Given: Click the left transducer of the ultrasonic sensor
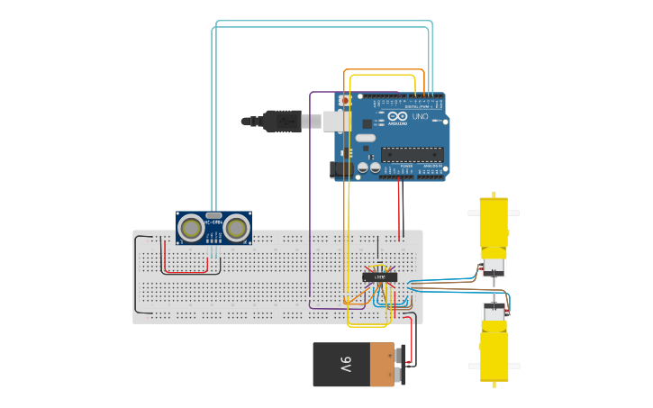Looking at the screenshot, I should point(191,228).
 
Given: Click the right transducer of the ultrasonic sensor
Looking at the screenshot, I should point(237,228).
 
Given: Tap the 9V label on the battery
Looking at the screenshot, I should point(346,365).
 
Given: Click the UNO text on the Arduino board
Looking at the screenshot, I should point(420,117).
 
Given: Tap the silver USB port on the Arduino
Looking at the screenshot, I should point(336,121).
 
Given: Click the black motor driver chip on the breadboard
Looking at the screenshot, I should point(380,277).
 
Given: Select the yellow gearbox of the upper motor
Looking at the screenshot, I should point(493,225).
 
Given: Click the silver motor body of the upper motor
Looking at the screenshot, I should point(494,267).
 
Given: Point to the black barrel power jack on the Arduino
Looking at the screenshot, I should point(340,168).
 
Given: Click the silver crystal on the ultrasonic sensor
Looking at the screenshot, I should point(213,215).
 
